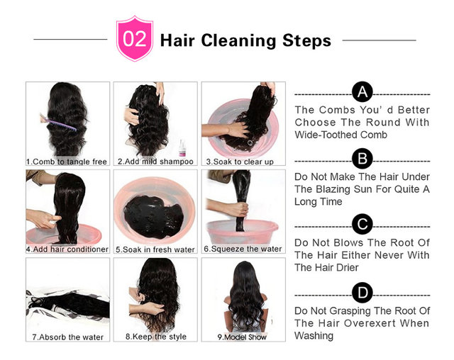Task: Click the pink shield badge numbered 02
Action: pyautogui.click(x=135, y=38)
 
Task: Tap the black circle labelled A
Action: pyautogui.click(x=362, y=92)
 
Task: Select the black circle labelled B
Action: pyautogui.click(x=362, y=159)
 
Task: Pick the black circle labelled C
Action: pyautogui.click(x=362, y=224)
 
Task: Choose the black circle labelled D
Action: pyautogui.click(x=362, y=293)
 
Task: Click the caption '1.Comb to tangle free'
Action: pyautogui.click(x=67, y=162)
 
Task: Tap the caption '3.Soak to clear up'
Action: pyautogui.click(x=240, y=162)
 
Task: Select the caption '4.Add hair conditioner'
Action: pyautogui.click(x=67, y=249)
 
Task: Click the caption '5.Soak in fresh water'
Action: pyautogui.click(x=155, y=249)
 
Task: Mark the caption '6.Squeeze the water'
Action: pyautogui.click(x=243, y=249)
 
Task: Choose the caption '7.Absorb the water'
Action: pyautogui.click(x=68, y=337)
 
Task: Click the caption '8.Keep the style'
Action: pyautogui.click(x=156, y=337)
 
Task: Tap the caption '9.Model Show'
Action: pyautogui.click(x=242, y=337)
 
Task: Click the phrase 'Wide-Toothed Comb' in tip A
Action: pyautogui.click(x=340, y=135)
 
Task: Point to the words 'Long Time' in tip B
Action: pyautogui.click(x=319, y=201)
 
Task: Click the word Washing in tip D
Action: pyautogui.click(x=314, y=336)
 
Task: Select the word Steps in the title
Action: pyautogui.click(x=306, y=40)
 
